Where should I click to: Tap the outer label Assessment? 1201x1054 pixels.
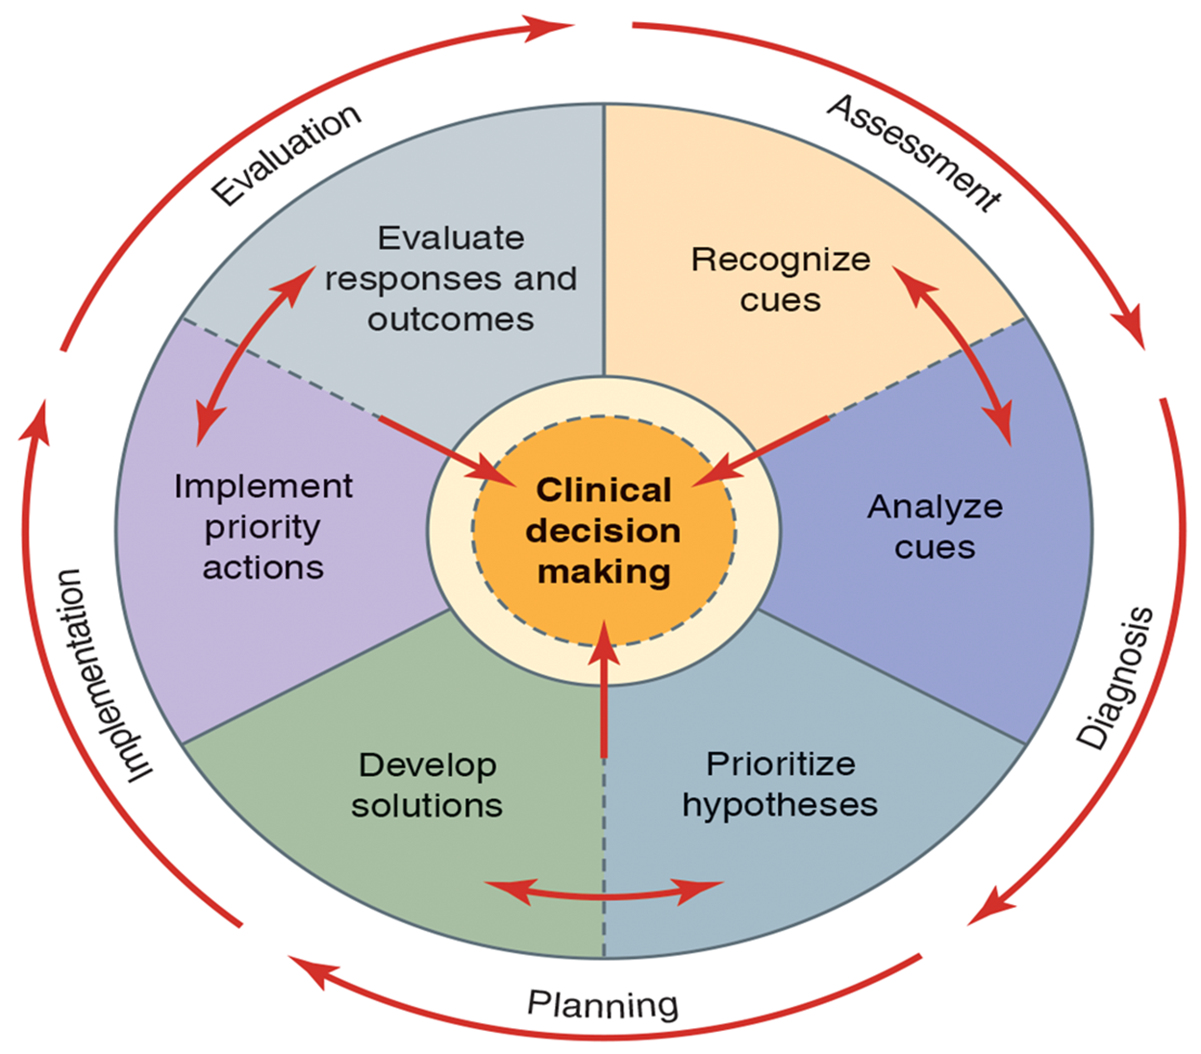[x=913, y=152]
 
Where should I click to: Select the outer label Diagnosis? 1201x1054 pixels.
[x=1115, y=677]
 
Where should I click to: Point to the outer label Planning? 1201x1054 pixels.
[x=603, y=1004]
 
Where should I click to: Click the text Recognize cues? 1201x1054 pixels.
[x=781, y=279]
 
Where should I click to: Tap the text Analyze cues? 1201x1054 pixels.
[x=935, y=526]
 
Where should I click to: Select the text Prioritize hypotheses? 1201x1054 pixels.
[x=780, y=784]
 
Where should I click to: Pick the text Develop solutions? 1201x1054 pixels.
[x=427, y=785]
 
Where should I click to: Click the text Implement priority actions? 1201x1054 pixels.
[x=263, y=526]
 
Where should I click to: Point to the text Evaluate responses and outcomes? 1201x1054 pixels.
[x=451, y=278]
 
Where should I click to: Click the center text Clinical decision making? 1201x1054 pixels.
[x=604, y=530]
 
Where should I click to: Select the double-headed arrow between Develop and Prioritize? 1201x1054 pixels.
[x=604, y=892]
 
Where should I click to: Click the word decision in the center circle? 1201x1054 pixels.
[x=604, y=531]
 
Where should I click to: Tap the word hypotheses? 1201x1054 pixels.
[x=780, y=805]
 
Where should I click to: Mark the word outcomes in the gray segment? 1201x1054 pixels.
[x=451, y=319]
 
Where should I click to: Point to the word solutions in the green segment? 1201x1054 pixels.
[x=427, y=805]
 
